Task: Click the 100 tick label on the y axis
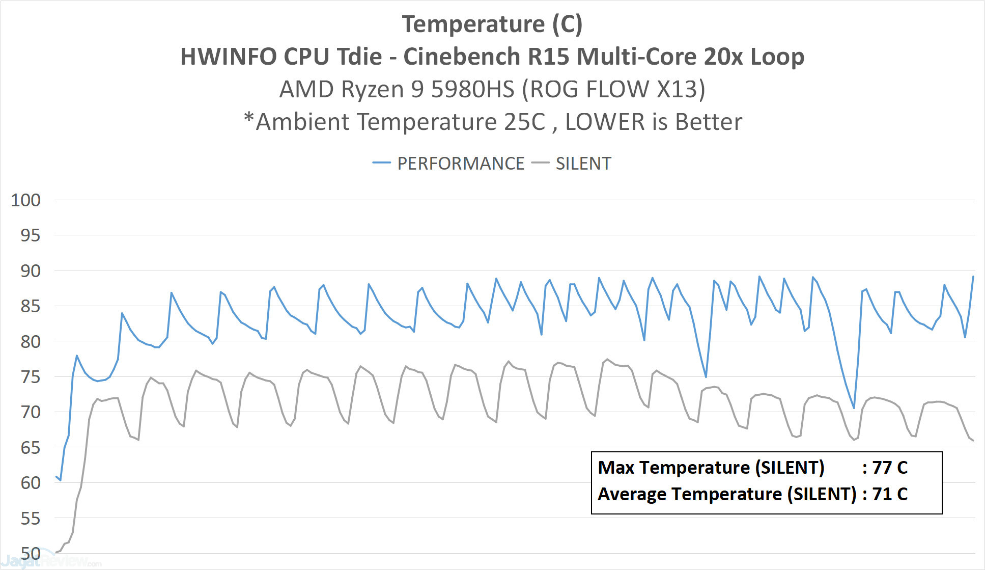(25, 200)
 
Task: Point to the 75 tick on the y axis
(30, 377)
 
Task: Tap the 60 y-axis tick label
(30, 483)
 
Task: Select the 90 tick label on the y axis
(30, 271)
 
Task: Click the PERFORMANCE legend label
(461, 164)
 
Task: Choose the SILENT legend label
(583, 164)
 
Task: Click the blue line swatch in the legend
(381, 163)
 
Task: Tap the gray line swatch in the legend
(540, 163)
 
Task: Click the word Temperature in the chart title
(473, 24)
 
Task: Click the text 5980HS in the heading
(473, 89)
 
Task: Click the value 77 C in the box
(890, 468)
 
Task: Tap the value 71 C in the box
(890, 494)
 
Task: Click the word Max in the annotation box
(615, 468)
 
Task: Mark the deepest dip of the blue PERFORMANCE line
(854, 408)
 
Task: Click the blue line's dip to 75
(706, 377)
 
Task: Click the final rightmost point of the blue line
(973, 277)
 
